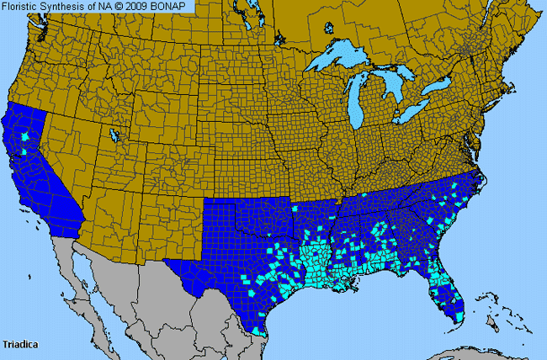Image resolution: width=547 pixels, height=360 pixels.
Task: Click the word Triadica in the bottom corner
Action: click(19, 344)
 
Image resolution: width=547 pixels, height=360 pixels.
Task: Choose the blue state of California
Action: click(42, 177)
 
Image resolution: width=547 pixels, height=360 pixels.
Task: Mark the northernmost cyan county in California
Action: click(25, 135)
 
